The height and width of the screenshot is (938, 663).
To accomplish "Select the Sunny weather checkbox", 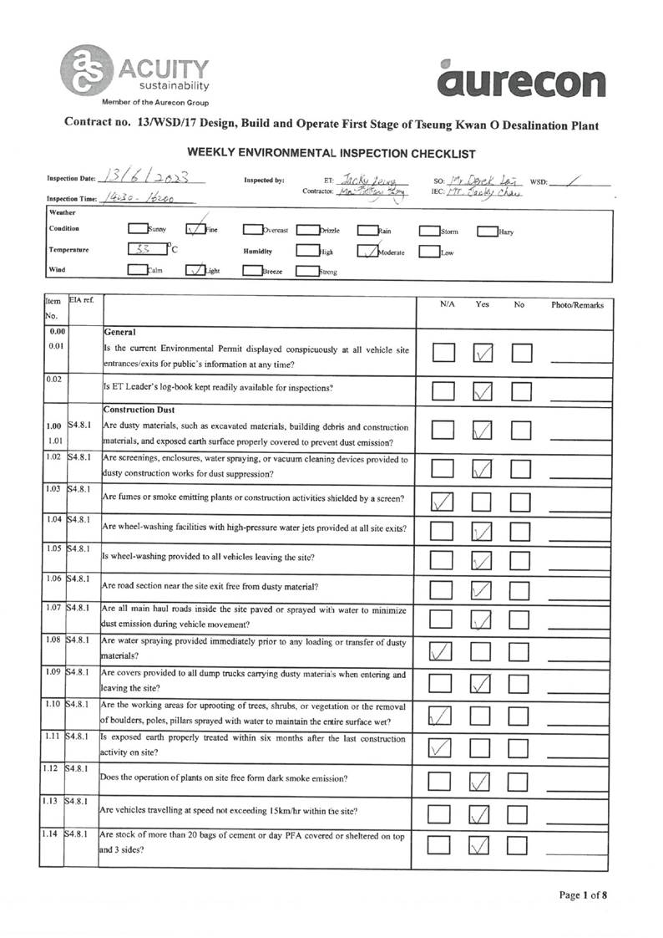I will pos(138,228).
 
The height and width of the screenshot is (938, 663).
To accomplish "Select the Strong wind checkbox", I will pos(308,270).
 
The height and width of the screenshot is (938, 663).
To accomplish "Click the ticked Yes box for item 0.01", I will pos(483,354).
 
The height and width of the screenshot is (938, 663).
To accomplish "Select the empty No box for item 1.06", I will pos(521,590).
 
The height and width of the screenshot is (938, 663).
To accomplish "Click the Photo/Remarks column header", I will pos(577,305).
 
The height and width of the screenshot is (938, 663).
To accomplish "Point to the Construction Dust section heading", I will pos(139,410).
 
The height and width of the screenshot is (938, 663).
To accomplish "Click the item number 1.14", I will pos(53,834).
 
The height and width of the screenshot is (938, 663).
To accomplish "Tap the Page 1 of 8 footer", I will pos(583,896).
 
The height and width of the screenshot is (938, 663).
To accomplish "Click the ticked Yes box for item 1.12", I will pos(483,781).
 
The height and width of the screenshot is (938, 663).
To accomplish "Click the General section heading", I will pos(120,331).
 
